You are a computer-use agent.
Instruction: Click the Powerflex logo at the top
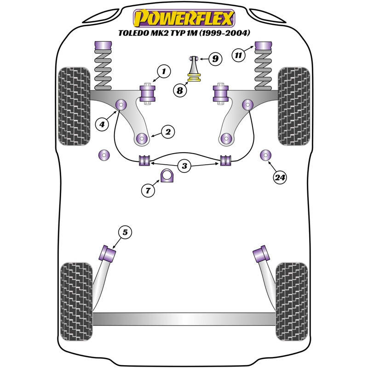click(184, 18)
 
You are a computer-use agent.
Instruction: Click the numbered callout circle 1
click(162, 71)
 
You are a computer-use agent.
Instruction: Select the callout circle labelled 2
click(168, 132)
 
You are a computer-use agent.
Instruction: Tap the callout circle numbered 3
click(184, 166)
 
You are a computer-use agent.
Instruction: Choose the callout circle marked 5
click(125, 233)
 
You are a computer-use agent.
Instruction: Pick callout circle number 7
click(148, 191)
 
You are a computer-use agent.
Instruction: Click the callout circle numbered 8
click(180, 91)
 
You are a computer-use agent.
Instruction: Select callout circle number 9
click(215, 58)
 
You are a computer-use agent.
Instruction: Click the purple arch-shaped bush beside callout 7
click(167, 176)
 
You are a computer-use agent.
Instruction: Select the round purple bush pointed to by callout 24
click(266, 155)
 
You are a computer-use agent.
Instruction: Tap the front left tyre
click(74, 106)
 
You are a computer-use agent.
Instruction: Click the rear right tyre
click(292, 301)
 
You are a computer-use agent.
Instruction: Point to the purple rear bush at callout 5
click(109, 253)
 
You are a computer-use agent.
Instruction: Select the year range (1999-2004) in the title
click(223, 33)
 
